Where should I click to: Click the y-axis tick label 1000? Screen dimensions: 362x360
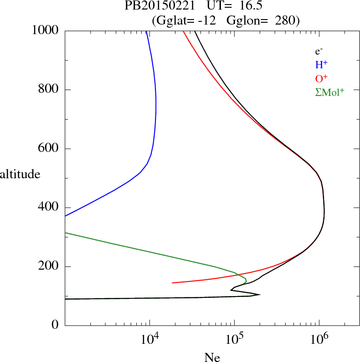[x=46, y=31]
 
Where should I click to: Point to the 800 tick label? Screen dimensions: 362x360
[x=49, y=90]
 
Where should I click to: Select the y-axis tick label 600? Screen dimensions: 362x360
[x=49, y=149]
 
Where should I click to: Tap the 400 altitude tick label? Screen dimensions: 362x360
[x=49, y=207]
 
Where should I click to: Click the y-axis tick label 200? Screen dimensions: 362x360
[x=49, y=266]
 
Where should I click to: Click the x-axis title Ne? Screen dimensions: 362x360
[x=212, y=357]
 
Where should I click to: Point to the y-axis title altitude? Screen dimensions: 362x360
[x=20, y=174]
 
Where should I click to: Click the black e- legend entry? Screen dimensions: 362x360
[x=319, y=51]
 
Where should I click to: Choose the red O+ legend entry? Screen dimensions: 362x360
[x=322, y=78]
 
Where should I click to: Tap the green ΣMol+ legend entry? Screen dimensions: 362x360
[x=330, y=91]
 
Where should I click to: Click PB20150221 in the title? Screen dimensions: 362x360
[x=154, y=6]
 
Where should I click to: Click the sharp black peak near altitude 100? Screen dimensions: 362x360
[x=260, y=294]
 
